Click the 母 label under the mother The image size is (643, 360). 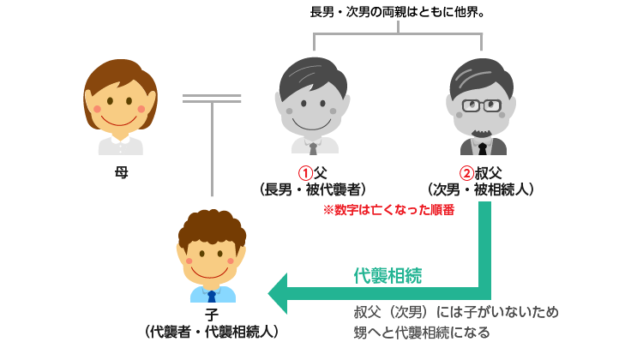[x=121, y=172]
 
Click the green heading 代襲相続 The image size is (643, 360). [x=388, y=275]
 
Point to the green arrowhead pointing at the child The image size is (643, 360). [x=278, y=294]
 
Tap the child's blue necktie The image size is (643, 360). [x=211, y=294]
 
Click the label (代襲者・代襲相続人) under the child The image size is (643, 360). [x=211, y=331]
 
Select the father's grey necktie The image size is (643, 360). [x=313, y=147]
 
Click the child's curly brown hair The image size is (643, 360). [x=211, y=225]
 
